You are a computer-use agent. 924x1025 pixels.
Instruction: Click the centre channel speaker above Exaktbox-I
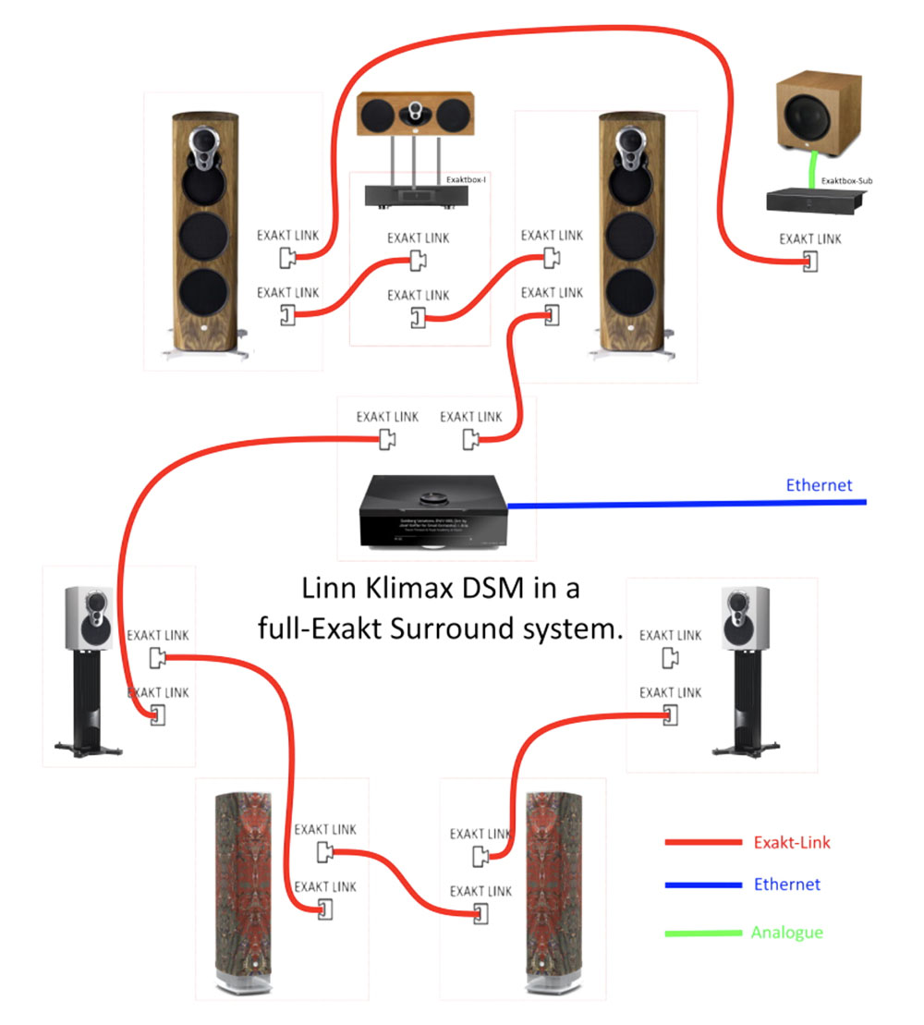419,115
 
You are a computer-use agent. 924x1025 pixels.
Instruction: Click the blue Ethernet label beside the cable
819,485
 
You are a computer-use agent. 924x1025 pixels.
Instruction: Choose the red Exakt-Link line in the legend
702,842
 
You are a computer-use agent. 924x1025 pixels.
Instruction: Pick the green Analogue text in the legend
787,933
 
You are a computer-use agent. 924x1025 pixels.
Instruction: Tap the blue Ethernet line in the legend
702,885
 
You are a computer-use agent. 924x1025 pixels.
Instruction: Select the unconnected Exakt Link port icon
672,657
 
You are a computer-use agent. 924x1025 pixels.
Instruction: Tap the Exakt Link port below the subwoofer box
809,262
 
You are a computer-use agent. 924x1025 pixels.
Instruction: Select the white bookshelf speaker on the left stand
89,616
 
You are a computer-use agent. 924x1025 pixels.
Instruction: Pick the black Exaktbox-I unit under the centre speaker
419,196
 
